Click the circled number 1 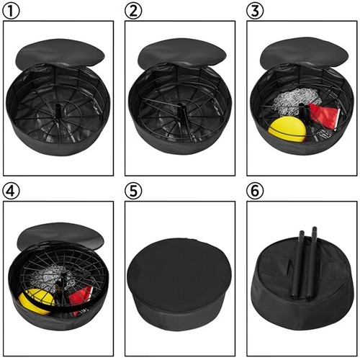pyautogui.click(x=12, y=11)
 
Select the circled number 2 pyautogui.click(x=133, y=11)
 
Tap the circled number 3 pyautogui.click(x=254, y=11)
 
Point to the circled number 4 pyautogui.click(x=12, y=191)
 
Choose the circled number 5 pyautogui.click(x=133, y=191)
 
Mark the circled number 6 pyautogui.click(x=254, y=191)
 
